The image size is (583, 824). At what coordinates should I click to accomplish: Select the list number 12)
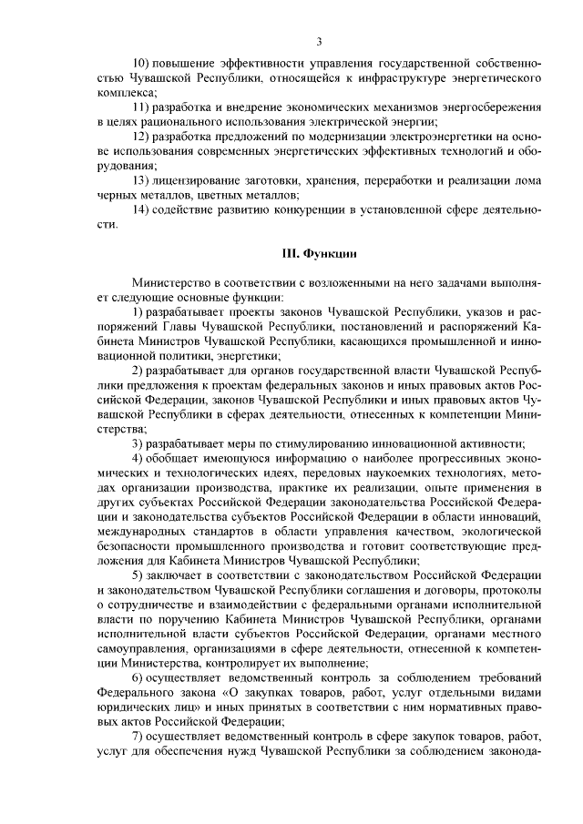point(142,136)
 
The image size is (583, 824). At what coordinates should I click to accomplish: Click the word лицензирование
point(205,180)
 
